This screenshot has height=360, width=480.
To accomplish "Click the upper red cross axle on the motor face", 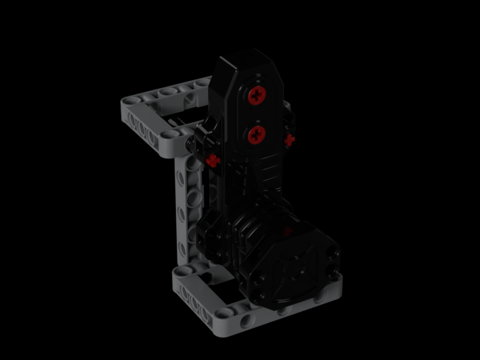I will (257, 96).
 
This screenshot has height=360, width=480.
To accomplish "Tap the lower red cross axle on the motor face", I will (257, 135).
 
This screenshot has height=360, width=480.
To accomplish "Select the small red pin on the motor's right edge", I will (289, 140).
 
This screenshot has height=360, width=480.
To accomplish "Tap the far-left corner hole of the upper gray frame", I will (129, 101).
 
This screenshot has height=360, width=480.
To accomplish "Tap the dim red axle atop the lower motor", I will (287, 231).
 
